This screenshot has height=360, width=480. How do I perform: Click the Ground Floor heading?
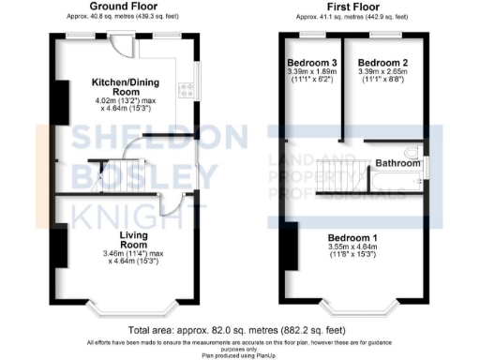coord(123,6)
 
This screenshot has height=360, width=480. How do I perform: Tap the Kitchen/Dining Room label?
coord(123,87)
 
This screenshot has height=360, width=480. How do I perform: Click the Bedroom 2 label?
coord(381,63)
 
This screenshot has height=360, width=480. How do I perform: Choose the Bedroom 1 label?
coord(353,238)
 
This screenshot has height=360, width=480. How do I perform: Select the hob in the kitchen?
coord(188,91)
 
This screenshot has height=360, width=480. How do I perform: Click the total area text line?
coord(239,330)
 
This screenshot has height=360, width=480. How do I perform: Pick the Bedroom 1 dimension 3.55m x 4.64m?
coord(353,248)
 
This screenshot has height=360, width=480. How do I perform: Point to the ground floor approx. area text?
coord(123,17)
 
